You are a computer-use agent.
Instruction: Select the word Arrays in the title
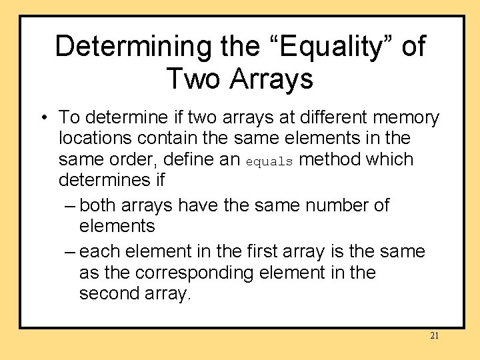tap(271, 79)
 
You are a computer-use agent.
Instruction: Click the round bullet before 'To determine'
tap(43, 119)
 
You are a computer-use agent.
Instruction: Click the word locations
tap(97, 139)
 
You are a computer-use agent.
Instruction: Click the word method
tap(331, 160)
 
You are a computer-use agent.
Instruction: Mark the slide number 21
tap(434, 336)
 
